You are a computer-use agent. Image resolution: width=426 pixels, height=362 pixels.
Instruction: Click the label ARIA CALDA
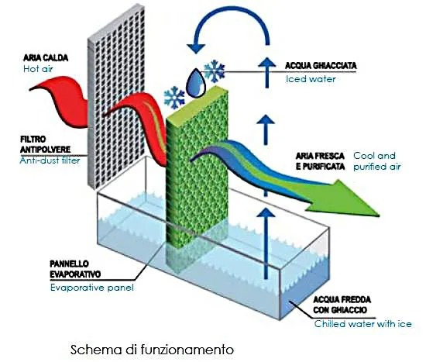coord(46,58)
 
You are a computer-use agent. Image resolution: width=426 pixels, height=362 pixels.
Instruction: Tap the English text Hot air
coord(38,69)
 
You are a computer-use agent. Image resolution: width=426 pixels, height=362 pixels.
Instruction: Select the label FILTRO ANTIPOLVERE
coord(45,144)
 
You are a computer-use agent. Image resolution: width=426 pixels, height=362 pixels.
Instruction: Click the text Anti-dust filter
coord(50,160)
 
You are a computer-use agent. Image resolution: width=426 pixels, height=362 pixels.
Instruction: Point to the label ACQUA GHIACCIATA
coord(321,66)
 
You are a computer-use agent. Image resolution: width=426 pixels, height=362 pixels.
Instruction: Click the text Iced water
coord(311,79)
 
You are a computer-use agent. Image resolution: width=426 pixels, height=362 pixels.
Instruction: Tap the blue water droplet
coord(196,83)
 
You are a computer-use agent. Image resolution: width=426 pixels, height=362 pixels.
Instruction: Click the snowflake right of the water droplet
coord(215,71)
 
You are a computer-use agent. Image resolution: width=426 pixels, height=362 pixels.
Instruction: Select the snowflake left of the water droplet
coord(174,98)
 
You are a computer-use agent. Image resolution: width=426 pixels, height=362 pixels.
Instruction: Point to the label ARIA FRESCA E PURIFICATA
coord(320,161)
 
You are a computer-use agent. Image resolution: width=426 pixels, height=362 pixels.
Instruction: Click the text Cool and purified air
coord(377,161)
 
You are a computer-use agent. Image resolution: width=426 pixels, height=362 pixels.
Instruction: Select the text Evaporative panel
coord(92,288)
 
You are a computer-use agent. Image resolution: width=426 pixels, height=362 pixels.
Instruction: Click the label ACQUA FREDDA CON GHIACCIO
coord(342,305)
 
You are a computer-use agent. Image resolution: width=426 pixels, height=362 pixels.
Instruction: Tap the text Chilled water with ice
coord(363,324)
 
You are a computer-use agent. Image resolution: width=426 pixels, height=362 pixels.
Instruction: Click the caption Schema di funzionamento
coord(152,350)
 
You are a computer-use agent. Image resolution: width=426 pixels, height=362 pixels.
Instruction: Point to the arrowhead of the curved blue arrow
coord(196,48)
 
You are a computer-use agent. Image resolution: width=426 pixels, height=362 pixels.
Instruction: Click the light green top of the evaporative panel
coord(198,103)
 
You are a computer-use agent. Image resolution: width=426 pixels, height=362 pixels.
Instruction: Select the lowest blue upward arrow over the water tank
coord(266,243)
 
